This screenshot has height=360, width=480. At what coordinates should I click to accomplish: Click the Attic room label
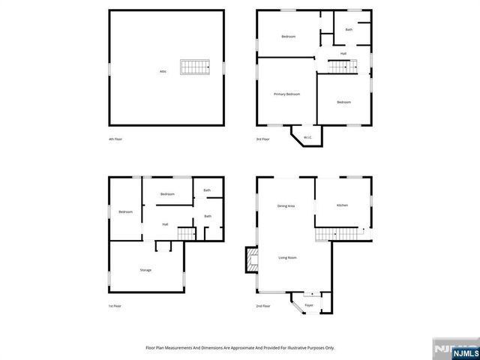click(163, 71)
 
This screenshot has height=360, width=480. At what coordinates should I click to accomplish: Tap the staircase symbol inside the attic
click(193, 67)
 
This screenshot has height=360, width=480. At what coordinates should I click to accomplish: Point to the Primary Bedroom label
click(286, 94)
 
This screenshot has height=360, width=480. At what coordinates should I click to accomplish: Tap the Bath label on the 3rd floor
click(349, 30)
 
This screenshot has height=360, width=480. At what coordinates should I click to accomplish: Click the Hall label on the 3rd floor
click(343, 53)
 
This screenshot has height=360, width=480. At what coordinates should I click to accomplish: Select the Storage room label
click(145, 270)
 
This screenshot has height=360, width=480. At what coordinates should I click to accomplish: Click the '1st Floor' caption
click(115, 306)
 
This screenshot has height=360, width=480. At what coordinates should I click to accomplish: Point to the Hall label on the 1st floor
click(165, 223)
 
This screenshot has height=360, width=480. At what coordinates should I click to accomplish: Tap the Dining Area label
click(286, 205)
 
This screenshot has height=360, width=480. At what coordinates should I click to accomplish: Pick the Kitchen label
click(342, 205)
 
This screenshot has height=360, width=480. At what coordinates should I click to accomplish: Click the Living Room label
click(288, 257)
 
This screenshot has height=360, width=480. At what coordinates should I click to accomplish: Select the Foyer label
click(308, 306)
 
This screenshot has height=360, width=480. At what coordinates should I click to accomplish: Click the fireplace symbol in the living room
click(251, 262)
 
